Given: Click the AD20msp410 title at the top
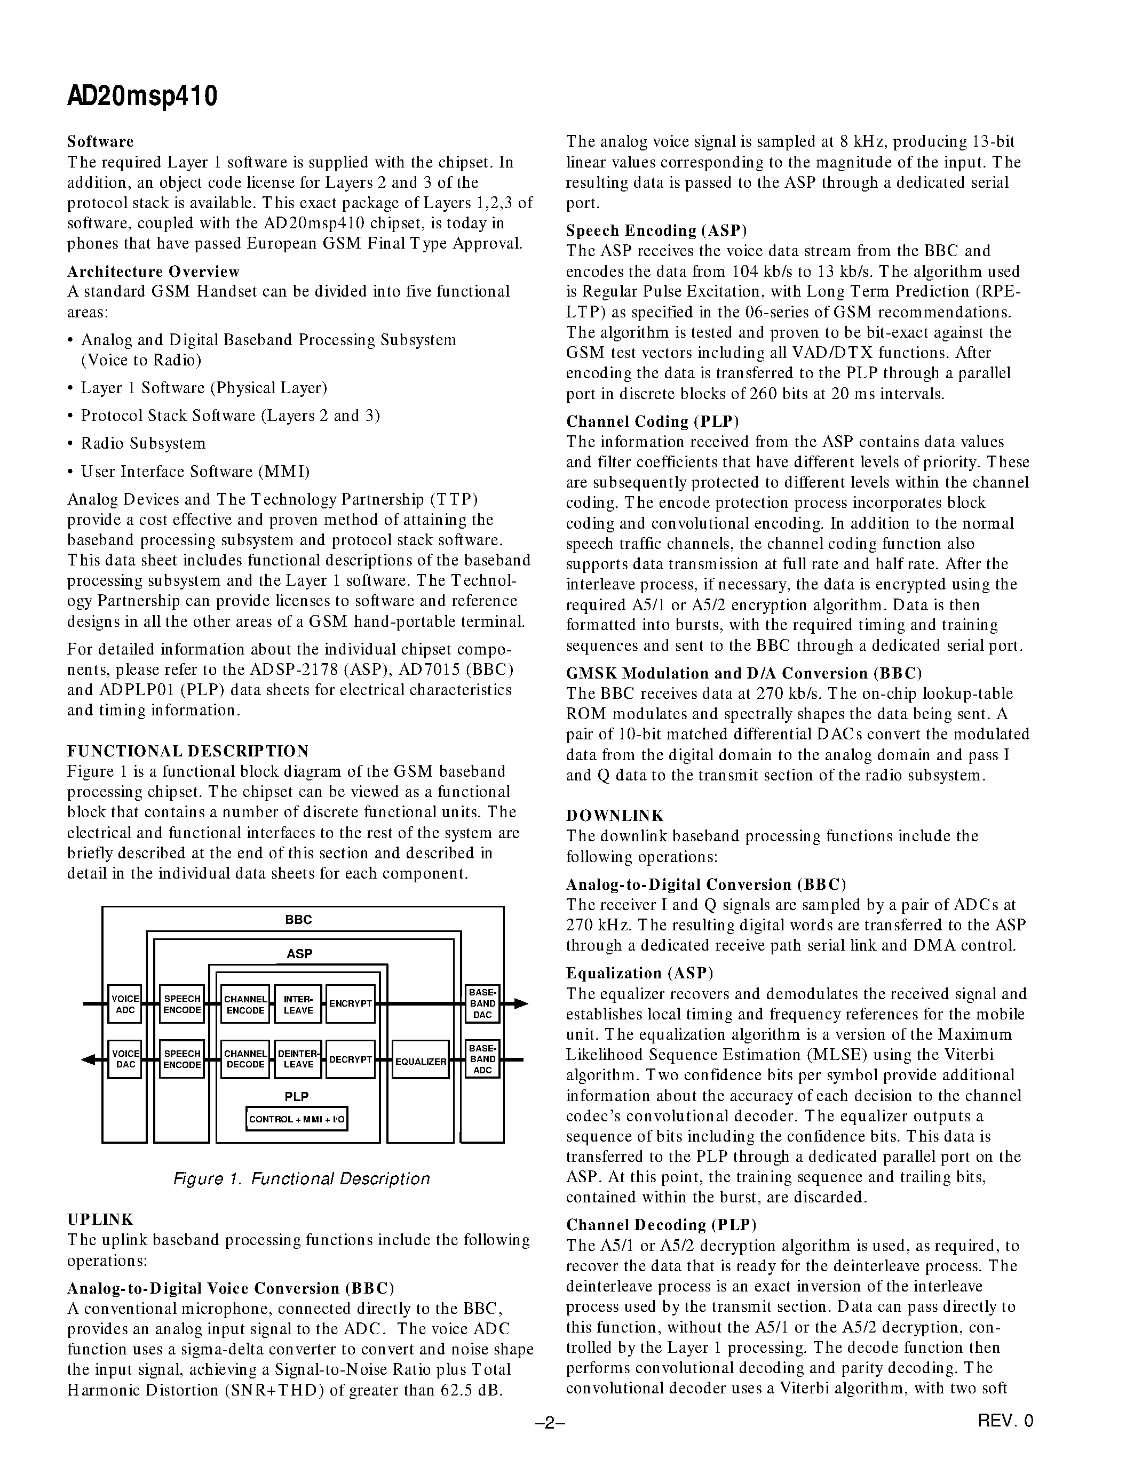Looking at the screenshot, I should point(142,97).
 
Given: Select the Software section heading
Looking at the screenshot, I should point(100,142).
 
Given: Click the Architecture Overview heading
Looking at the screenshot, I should point(153,272).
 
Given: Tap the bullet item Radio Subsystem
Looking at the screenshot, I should point(143,443).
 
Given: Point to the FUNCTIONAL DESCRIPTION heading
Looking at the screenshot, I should point(188,751).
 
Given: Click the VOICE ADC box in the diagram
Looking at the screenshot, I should point(125,1004).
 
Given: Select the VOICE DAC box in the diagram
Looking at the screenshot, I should point(125,1059).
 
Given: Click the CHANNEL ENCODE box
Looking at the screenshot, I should point(245,1004).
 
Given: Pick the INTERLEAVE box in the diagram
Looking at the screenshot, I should point(298,1004).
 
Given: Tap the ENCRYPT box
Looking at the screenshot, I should point(350,1003).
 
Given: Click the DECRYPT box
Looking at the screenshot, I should point(350,1059).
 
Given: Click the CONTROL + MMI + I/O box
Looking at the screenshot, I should point(296,1119).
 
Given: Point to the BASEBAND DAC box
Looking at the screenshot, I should point(482,1003).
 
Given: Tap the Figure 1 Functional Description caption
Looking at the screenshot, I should point(302,1179).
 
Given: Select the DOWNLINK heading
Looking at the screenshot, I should point(615,816).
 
